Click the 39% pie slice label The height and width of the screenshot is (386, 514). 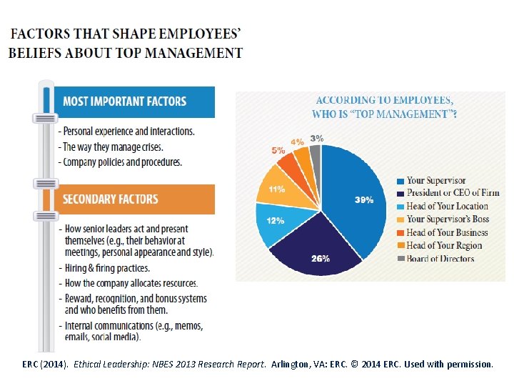click(364, 200)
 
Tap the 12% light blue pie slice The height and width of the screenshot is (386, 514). click(276, 221)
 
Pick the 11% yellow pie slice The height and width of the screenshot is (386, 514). click(276, 189)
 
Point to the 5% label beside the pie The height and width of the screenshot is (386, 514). click(278, 151)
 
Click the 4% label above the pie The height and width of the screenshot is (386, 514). click(297, 142)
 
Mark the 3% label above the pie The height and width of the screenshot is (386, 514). click(316, 138)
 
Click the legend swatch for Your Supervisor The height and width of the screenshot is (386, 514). click(401, 181)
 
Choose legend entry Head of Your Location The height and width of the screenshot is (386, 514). click(447, 206)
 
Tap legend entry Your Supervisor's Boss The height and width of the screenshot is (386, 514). click(448, 219)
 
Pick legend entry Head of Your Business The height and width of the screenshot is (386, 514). click(447, 232)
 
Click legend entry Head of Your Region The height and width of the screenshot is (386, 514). click(444, 245)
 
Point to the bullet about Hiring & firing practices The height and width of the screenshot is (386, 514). click(107, 268)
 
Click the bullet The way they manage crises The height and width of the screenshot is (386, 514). click(113, 147)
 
